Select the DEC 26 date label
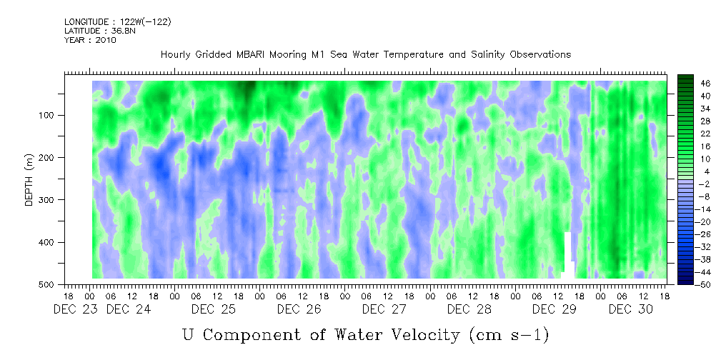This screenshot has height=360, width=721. coord(299,309)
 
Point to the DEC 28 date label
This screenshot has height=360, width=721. coord(469,309)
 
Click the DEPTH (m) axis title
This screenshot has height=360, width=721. coord(29,182)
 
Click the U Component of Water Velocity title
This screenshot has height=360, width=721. coord(366,334)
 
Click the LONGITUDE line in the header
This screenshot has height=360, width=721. coord(117,22)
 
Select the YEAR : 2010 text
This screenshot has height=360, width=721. coord(90,40)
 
